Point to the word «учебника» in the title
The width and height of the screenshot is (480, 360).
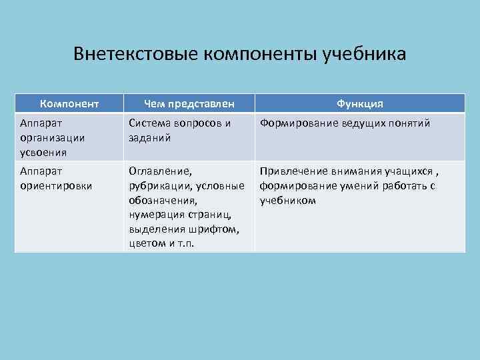coord(365,53)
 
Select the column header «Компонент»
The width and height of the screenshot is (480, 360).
coord(69,103)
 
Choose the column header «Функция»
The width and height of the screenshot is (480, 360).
coord(359,103)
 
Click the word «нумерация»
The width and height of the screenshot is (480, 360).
coord(154,214)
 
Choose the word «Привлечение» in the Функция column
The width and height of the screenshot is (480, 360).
coord(293,171)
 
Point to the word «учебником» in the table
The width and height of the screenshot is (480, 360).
coord(288,200)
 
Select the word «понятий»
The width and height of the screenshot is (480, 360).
coord(407,123)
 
